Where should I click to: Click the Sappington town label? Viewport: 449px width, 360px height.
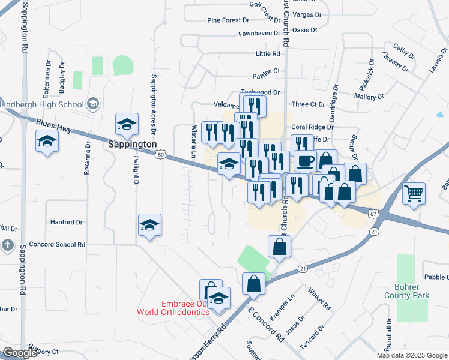click(132, 145)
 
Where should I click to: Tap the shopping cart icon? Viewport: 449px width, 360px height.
click(414, 194)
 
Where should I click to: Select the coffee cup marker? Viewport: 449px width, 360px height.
click(306, 161)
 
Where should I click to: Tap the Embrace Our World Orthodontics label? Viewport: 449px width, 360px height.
click(173, 307)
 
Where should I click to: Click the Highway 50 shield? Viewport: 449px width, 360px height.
click(160, 155)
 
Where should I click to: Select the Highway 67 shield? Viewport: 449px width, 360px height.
click(373, 213)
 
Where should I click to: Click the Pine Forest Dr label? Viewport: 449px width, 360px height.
click(228, 20)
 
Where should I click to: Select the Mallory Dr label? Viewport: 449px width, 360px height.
click(369, 96)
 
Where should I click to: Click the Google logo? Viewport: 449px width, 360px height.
click(20, 353)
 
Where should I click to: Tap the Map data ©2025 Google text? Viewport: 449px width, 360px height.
click(412, 355)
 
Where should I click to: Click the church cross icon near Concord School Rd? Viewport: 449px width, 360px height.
click(7, 245)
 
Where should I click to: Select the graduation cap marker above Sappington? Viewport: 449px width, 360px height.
click(127, 125)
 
